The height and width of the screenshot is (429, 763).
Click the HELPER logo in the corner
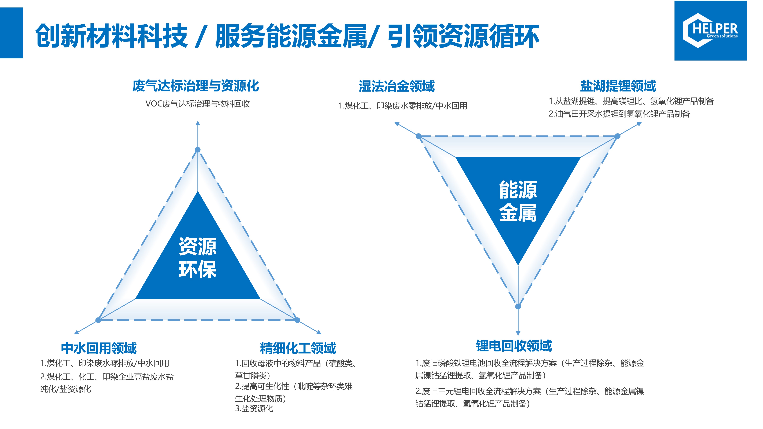(710, 31)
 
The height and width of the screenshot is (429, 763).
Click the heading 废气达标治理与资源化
(195, 86)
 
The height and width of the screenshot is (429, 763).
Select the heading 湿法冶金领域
(397, 86)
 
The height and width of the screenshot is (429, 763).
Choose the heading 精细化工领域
(298, 348)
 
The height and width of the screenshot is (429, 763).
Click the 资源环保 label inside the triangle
(198, 258)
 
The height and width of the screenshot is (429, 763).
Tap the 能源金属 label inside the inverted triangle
(518, 201)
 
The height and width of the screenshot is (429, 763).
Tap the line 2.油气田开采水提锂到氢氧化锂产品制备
(619, 114)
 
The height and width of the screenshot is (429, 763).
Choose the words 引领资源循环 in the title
(464, 36)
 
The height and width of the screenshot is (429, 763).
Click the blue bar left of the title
(11, 33)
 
